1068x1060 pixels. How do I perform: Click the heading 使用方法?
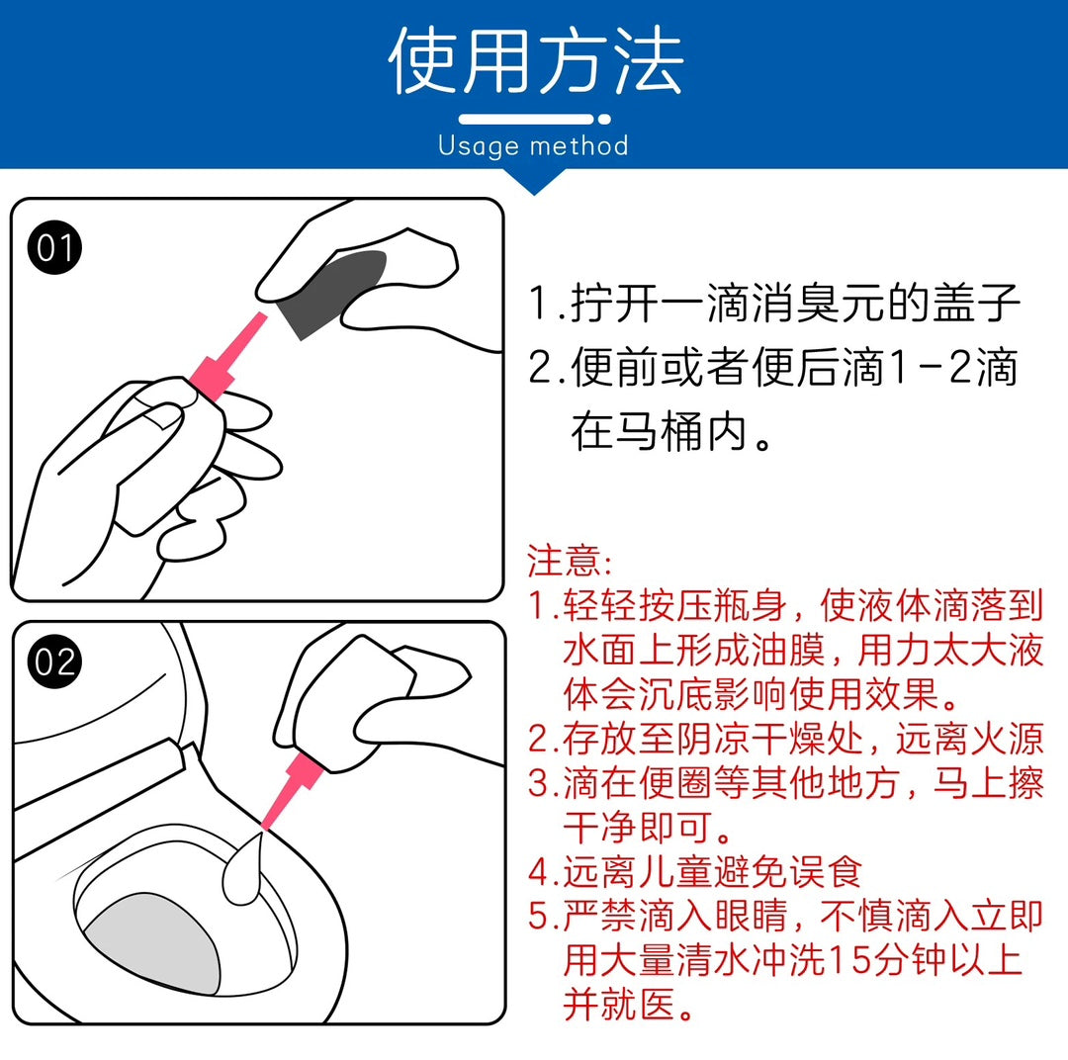click(535, 60)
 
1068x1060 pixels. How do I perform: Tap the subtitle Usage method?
click(533, 145)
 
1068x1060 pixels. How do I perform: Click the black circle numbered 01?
click(54, 247)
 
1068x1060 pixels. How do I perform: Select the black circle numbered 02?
click(54, 662)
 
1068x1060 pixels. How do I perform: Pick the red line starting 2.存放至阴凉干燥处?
click(785, 739)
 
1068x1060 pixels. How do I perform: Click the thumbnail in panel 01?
click(162, 415)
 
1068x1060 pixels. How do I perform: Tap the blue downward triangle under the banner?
click(534, 181)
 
